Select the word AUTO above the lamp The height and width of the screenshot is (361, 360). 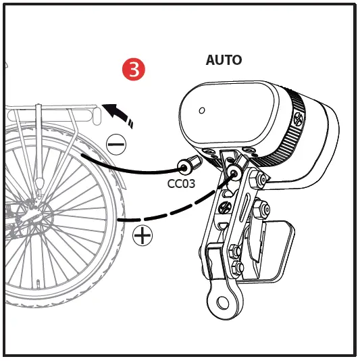224,60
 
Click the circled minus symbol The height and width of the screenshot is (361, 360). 115,143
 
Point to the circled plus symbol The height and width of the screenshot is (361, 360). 143,236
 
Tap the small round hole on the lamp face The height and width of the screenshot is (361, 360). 201,110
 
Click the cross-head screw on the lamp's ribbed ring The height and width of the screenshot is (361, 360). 299,122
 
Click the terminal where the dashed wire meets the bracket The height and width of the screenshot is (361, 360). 234,174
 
